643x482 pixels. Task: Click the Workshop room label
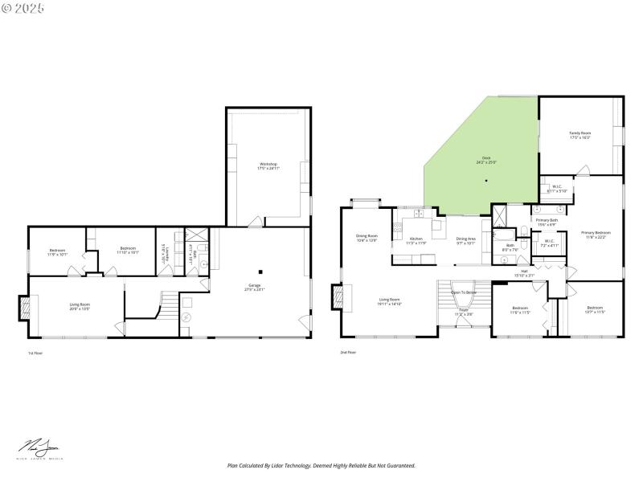point(267,165)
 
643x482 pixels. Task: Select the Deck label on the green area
point(486,160)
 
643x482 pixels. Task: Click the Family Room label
point(580,135)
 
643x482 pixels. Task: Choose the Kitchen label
point(416,240)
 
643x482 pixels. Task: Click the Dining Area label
point(466,240)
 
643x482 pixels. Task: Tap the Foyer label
point(464,312)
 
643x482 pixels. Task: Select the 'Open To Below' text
point(464,292)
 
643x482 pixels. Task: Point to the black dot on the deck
point(486,181)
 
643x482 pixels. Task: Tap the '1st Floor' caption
point(35,353)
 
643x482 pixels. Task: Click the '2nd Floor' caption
point(349,352)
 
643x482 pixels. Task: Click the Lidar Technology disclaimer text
point(321,465)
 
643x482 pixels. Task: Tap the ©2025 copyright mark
point(23,7)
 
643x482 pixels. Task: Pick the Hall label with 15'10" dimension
point(523,273)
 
